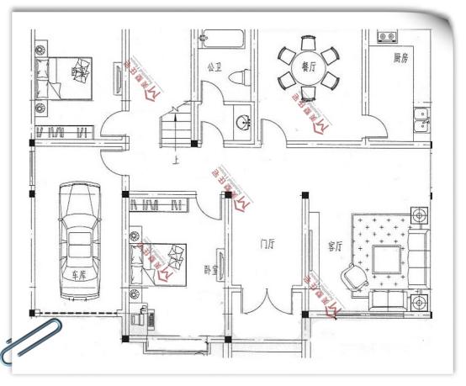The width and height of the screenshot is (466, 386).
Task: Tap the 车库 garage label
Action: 79,275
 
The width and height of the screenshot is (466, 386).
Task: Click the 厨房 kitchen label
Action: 400,59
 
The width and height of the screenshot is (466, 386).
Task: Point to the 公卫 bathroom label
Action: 214,66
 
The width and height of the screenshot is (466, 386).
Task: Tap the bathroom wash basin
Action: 243,121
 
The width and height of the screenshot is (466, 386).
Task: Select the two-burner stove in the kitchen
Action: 388,38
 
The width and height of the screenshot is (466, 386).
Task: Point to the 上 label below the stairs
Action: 175,163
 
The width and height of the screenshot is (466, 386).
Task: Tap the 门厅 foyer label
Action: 267,245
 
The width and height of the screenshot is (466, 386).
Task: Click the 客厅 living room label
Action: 335,246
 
